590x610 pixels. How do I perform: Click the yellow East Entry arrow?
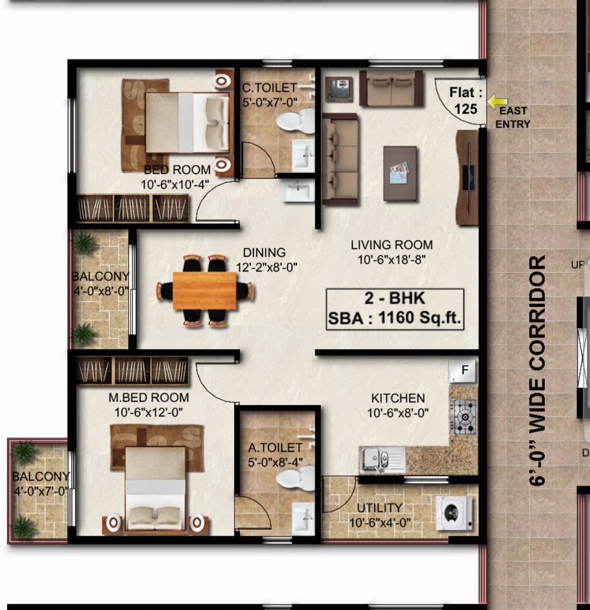click(497, 102)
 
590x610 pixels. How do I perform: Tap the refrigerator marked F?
click(462, 371)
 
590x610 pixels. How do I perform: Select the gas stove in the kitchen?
click(463, 417)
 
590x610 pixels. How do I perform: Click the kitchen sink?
click(382, 459)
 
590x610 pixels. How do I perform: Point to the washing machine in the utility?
click(454, 513)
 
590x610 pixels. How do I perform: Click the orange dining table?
click(204, 291)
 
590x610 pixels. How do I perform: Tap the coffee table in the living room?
click(400, 174)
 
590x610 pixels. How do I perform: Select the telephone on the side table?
click(339, 89)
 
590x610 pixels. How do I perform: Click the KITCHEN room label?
click(398, 398)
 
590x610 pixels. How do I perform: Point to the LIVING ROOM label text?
click(392, 245)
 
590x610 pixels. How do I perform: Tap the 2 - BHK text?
click(394, 298)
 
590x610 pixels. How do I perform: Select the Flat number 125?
click(466, 109)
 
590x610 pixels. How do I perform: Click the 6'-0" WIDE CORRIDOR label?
click(538, 370)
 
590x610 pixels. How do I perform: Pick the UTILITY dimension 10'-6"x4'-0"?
click(380, 523)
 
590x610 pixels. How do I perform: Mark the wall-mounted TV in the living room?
click(469, 177)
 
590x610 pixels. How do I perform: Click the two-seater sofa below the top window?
click(391, 88)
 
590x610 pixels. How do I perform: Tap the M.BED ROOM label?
click(149, 397)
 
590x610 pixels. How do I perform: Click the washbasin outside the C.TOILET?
click(298, 191)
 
